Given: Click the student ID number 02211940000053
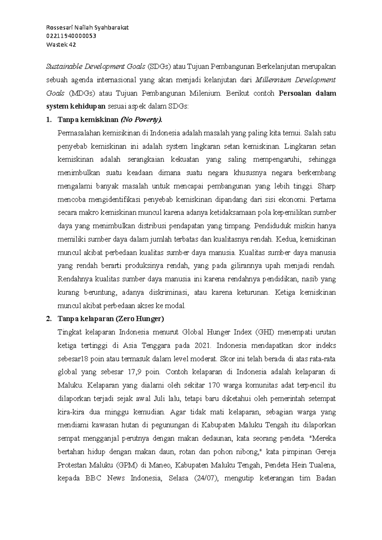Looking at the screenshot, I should coord(71,36).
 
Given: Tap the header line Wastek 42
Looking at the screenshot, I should coord(61,45).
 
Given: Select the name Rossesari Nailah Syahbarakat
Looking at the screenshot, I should coord(87,27).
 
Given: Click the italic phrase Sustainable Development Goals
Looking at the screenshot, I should coord(96,66).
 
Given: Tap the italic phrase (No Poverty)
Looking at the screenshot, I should coord(141,120).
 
